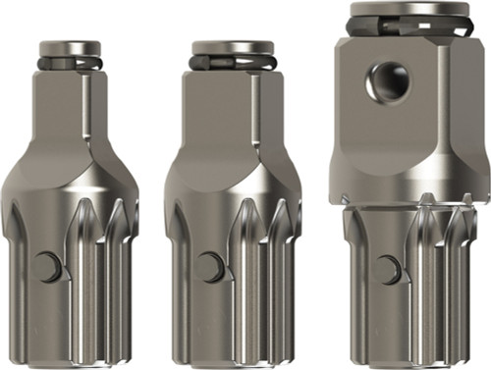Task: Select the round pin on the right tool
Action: click(x=390, y=269)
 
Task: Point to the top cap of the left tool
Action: click(x=70, y=47)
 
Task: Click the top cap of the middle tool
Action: click(x=233, y=47)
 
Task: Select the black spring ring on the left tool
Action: click(x=70, y=63)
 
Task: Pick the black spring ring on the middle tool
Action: click(x=233, y=63)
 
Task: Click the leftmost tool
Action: click(x=70, y=196)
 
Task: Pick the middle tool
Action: click(x=233, y=196)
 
